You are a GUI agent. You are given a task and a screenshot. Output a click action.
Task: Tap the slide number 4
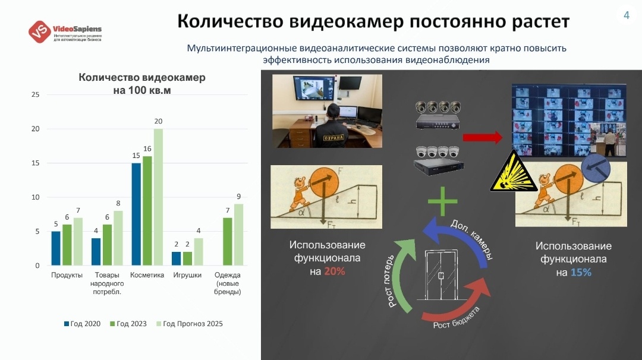tap(626, 15)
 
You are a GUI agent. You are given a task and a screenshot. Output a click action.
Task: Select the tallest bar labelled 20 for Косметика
tap(158, 197)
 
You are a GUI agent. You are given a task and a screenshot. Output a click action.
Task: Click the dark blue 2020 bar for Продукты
tap(56, 248)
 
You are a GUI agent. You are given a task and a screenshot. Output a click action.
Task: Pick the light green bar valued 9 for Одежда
tap(238, 235)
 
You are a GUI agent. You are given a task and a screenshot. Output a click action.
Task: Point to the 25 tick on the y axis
tap(35, 95)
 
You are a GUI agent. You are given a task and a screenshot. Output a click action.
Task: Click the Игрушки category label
tap(187, 275)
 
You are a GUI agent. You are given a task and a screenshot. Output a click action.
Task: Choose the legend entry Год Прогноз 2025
tap(189, 324)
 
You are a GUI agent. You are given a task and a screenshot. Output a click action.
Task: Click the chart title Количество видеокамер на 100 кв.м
tap(141, 84)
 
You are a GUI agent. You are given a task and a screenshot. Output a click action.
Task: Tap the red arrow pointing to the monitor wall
tap(482, 138)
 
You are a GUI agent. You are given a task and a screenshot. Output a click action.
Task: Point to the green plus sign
tap(443, 202)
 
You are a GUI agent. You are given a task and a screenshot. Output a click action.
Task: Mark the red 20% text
tap(335, 271)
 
